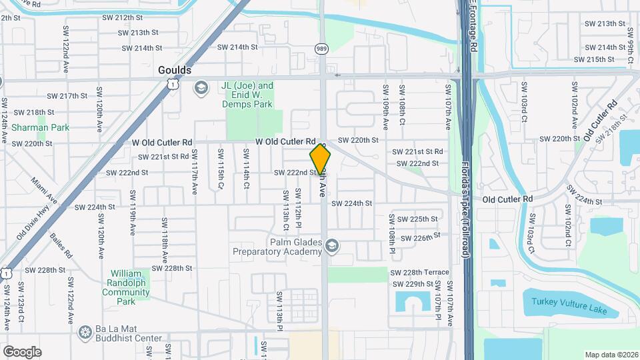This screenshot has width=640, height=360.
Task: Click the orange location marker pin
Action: click(x=320, y=159)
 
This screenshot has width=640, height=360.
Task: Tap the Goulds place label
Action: click(x=175, y=70)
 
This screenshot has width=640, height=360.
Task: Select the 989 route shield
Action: click(x=321, y=49)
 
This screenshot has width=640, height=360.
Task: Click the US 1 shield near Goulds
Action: click(x=173, y=85)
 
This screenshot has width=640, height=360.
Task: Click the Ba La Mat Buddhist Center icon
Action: click(x=84, y=331)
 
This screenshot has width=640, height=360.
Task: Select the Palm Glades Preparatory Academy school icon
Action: click(x=331, y=247)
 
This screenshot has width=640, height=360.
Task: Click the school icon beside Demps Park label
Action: click(x=200, y=89)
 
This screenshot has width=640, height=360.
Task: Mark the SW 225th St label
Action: click(x=418, y=219)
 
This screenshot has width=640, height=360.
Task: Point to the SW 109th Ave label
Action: click(x=385, y=98)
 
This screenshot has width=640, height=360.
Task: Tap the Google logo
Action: click(x=22, y=351)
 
